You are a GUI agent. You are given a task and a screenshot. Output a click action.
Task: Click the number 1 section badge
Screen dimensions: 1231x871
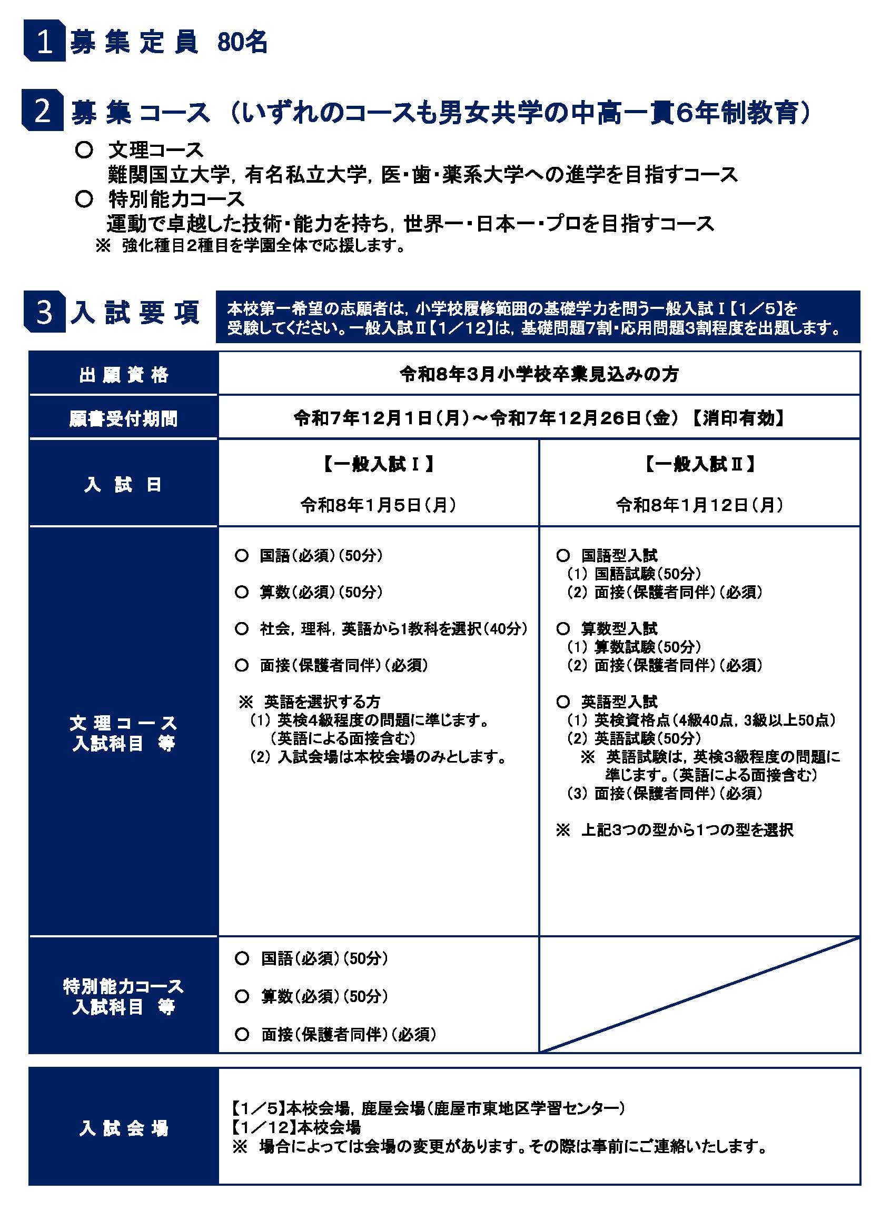[45, 41]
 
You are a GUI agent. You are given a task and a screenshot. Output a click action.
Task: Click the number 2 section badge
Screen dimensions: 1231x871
[42, 111]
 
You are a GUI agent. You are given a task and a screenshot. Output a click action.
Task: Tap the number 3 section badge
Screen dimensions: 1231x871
[45, 312]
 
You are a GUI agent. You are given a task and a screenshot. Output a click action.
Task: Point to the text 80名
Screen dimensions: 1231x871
[242, 42]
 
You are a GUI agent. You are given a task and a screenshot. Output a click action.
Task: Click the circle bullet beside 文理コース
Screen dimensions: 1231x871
[84, 150]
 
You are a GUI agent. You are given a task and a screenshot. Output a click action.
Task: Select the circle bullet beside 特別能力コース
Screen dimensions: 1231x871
[84, 199]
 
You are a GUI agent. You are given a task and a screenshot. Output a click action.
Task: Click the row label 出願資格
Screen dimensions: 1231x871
[124, 374]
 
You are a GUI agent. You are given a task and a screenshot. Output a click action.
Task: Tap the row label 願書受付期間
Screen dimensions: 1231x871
[124, 419]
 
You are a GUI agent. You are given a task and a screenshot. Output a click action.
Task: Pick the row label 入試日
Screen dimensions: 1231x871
[124, 484]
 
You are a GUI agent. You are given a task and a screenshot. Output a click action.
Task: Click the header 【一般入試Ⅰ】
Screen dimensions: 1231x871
[379, 464]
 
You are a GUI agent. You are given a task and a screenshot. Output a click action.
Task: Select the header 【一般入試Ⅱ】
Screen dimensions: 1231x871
[700, 464]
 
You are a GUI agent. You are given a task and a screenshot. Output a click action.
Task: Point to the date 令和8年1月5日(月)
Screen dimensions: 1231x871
[379, 505]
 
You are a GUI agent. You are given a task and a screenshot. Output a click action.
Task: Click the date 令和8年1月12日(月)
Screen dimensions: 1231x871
[700, 505]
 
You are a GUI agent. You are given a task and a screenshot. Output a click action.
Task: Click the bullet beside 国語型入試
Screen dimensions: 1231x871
[563, 555]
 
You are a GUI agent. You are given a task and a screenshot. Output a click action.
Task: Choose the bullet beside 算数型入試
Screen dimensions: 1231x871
[563, 628]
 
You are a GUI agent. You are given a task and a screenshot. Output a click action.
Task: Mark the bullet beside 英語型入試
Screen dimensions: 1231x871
[563, 701]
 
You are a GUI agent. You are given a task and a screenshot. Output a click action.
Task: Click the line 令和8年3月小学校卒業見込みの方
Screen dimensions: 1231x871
[539, 374]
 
